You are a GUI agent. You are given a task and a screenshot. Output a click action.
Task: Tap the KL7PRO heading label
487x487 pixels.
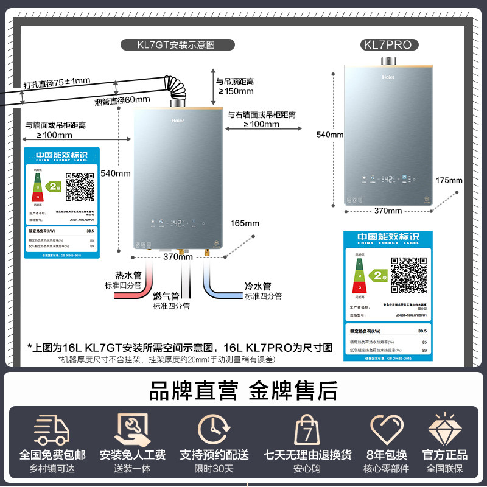[387, 44]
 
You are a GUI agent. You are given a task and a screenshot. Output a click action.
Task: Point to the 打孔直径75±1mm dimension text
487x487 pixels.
[57, 82]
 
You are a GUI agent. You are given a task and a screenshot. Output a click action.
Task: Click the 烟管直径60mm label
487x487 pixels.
[122, 100]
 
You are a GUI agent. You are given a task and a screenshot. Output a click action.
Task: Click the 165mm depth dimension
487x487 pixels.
[245, 223]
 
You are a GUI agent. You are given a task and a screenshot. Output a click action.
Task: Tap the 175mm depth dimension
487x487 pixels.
[449, 180]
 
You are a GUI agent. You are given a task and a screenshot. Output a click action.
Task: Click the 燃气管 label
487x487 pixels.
[166, 296]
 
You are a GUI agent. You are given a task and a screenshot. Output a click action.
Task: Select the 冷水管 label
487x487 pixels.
[258, 286]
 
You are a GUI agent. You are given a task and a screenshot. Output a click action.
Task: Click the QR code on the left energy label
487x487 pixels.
[80, 187]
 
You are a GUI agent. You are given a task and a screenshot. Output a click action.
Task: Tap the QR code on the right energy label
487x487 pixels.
[408, 275]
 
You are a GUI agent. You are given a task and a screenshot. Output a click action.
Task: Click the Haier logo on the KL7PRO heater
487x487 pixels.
[388, 77]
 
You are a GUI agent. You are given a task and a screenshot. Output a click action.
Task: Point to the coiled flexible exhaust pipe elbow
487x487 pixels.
[177, 90]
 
